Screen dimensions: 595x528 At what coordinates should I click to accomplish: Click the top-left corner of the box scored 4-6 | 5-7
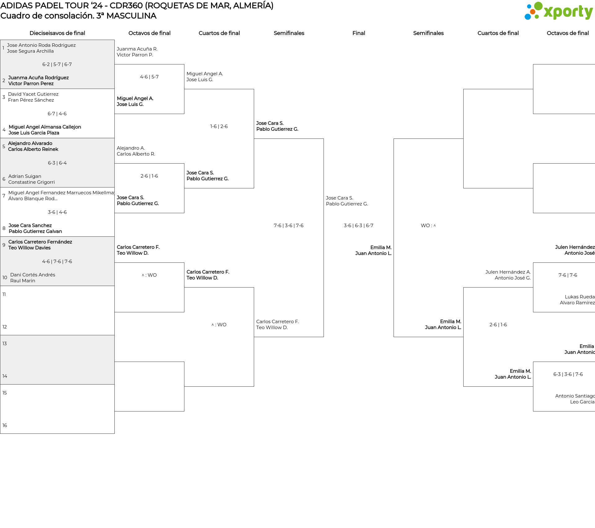tap(115, 64)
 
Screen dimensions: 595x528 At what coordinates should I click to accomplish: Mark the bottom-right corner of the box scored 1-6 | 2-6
tap(254, 188)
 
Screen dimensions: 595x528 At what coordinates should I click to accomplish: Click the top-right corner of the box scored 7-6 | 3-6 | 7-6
tap(324, 139)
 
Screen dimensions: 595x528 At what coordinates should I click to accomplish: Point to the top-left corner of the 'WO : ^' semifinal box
tap(394, 139)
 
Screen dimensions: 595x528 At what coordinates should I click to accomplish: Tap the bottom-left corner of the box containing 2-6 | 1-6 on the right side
tap(464, 386)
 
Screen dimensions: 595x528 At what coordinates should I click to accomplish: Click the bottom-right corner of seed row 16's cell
tap(114, 433)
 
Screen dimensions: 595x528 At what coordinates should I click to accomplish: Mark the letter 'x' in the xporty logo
tap(549, 12)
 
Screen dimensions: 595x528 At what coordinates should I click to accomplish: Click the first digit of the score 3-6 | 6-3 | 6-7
tap(345, 226)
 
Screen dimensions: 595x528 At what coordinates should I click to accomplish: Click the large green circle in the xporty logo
tap(539, 6)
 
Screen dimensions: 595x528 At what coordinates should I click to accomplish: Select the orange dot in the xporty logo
tap(532, 12)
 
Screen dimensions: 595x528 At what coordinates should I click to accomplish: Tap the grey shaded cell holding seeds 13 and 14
tap(57, 360)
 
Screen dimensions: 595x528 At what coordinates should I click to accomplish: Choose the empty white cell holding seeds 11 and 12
tap(57, 310)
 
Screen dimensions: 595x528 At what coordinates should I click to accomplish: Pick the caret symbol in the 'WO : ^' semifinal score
tap(434, 226)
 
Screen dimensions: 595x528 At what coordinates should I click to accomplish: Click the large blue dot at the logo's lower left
tap(527, 16)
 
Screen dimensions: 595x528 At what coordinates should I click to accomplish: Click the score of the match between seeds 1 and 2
tap(57, 64)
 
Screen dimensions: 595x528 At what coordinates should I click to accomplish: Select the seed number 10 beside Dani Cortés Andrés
tap(5, 278)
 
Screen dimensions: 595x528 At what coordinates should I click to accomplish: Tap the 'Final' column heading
tap(359, 33)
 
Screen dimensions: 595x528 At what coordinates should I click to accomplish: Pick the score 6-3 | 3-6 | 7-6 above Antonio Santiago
tap(568, 374)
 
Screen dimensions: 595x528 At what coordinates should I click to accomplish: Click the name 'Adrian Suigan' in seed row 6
tap(25, 176)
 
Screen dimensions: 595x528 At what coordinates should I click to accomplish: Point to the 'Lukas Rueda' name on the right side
tap(580, 297)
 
